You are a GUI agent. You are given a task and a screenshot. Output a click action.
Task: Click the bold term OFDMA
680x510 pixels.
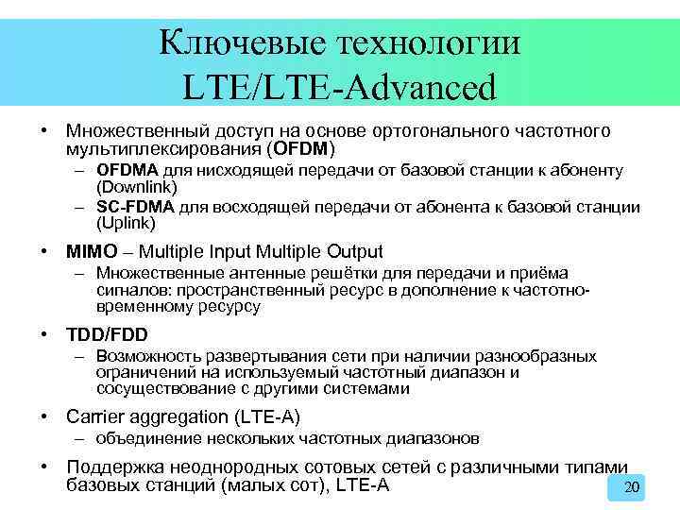click(127, 170)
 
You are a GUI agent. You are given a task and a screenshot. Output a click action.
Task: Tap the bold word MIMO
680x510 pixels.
click(92, 251)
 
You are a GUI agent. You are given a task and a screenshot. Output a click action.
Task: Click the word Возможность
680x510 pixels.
click(147, 356)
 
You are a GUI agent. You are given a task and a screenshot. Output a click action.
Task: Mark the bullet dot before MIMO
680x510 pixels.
click(45, 252)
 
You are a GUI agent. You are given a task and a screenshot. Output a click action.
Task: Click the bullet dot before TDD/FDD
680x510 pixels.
click(45, 335)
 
